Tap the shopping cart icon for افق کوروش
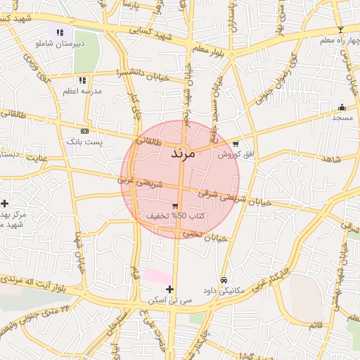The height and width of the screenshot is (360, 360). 236,143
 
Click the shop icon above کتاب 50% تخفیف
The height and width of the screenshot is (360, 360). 175,205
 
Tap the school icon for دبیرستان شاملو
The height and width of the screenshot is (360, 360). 60,32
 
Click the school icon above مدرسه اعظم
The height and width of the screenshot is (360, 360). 82,81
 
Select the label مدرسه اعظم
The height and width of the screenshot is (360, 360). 83,91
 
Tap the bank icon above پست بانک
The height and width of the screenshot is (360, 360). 84,131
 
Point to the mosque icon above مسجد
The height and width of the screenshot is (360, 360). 342,107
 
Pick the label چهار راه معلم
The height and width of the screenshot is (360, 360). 335,40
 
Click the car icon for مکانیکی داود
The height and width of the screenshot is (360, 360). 224,279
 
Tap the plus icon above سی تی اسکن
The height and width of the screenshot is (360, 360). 169,289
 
